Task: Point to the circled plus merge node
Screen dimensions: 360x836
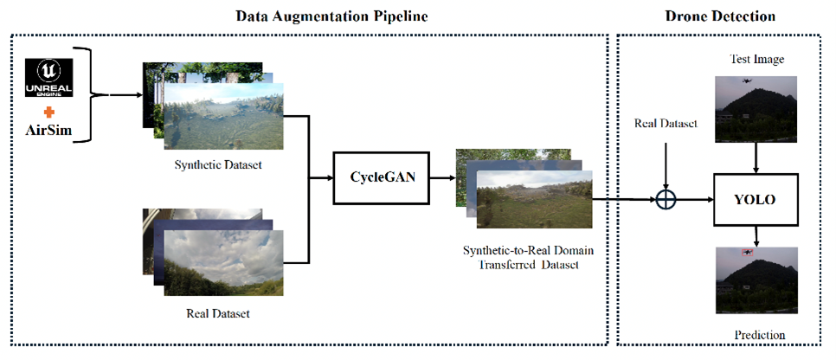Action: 665,199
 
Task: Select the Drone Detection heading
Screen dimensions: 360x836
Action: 722,16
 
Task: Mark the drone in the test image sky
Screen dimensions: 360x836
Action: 747,81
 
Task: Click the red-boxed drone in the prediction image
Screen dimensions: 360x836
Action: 747,252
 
